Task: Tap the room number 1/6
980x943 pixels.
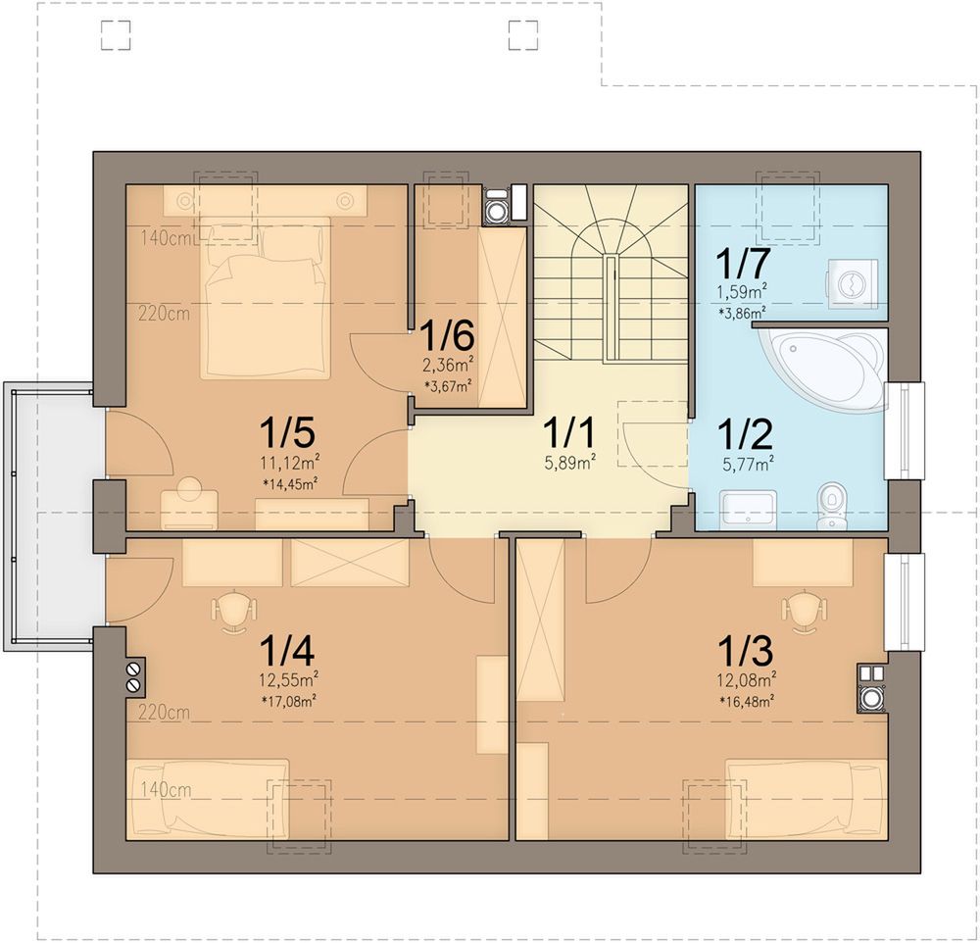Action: (447, 336)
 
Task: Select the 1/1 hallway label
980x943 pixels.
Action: (569, 434)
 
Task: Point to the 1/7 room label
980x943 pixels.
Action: (742, 264)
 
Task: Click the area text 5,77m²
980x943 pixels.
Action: (748, 464)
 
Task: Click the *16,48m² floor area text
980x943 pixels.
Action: (747, 702)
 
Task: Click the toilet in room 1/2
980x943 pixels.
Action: (831, 505)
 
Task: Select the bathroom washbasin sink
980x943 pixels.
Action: (748, 511)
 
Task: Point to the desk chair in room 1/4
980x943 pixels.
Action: (234, 613)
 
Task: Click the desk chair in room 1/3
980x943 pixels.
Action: (805, 613)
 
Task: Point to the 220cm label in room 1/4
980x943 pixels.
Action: (165, 712)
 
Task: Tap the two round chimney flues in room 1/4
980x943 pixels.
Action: (133, 677)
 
